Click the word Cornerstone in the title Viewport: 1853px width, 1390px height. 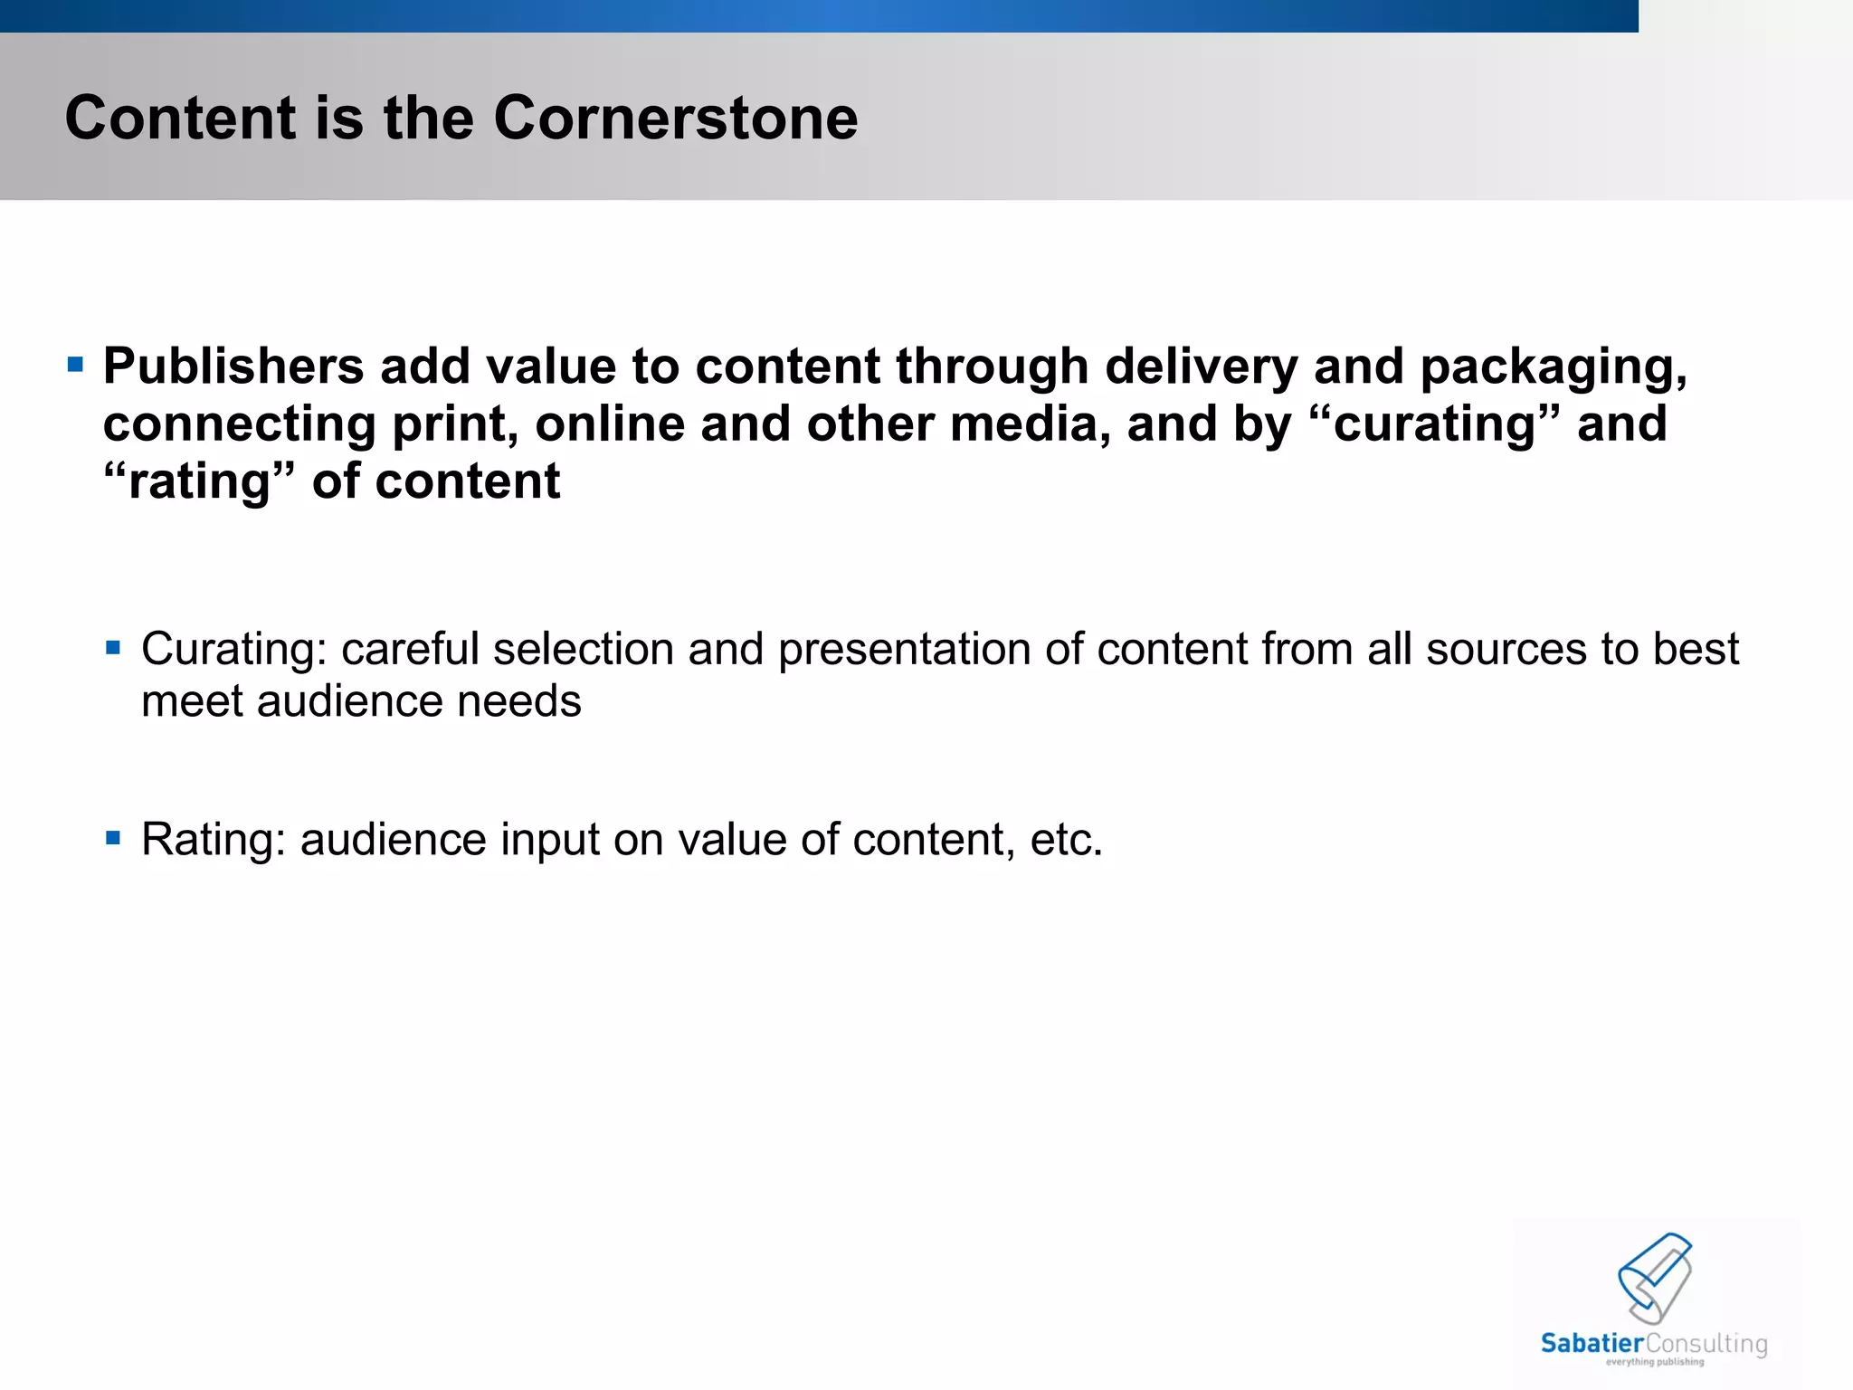(675, 119)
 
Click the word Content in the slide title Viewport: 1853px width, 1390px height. (180, 119)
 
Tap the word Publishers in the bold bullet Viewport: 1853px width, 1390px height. (233, 367)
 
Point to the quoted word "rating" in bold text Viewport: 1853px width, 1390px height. (199, 482)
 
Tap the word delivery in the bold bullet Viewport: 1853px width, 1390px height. (1201, 367)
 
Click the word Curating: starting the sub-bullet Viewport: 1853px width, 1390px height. (233, 650)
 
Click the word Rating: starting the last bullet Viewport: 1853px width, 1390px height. (214, 840)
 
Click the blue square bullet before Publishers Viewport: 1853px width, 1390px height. (76, 366)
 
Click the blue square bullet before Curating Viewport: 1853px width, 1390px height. (113, 647)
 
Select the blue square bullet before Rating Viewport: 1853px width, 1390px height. (113, 838)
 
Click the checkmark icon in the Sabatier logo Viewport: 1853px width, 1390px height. (1655, 1277)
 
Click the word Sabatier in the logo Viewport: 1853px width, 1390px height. (1592, 1344)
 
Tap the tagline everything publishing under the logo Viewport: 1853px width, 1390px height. (1654, 1362)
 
